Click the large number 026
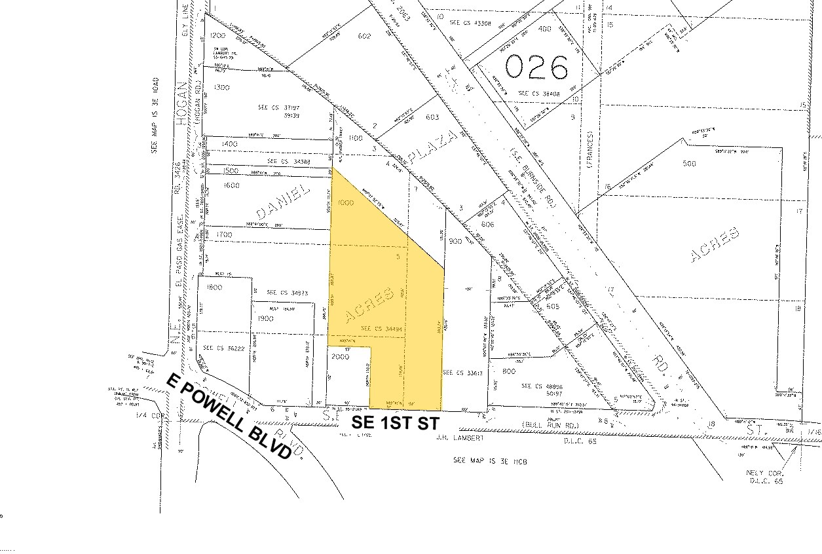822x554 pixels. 536,67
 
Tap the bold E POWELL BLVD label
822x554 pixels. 229,416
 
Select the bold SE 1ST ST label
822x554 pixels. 394,423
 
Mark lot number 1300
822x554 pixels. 221,87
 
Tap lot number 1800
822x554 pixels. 214,287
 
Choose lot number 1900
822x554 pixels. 266,318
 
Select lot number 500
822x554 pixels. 688,163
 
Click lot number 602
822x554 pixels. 365,36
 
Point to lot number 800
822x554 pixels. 508,371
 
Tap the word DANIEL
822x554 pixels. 282,202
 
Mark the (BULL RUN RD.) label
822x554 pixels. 544,425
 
